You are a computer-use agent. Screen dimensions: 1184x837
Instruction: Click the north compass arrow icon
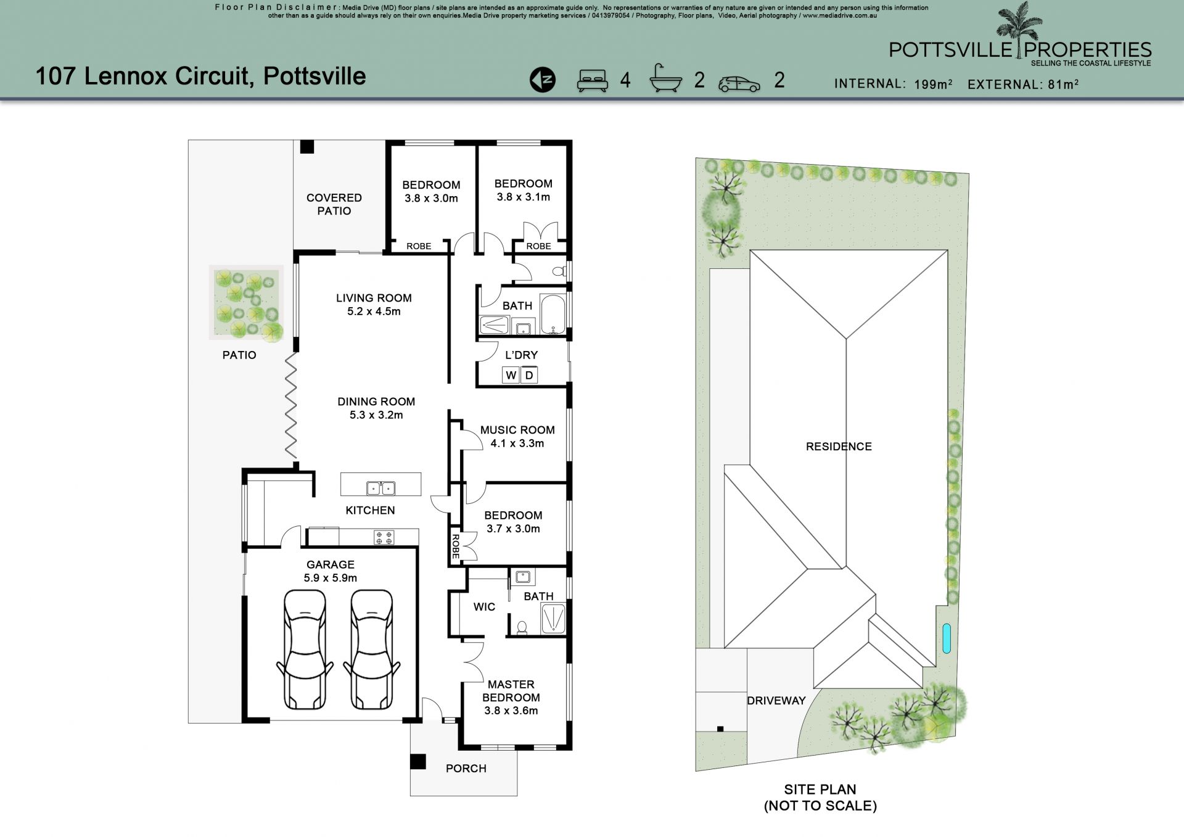542,80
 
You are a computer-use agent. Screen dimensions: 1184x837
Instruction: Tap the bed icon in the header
593,80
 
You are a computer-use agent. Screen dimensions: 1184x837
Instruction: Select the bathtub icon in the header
666,78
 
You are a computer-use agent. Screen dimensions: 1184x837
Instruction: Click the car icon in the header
739,83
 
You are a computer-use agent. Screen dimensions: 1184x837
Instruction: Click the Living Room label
374,305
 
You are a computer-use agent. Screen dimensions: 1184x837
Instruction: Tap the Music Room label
517,436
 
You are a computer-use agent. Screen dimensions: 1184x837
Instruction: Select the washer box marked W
511,375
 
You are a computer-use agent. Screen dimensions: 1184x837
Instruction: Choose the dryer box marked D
529,375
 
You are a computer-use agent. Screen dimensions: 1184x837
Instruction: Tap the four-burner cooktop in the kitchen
384,537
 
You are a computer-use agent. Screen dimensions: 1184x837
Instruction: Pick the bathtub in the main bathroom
553,315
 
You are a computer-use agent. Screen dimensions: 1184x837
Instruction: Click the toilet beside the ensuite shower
522,627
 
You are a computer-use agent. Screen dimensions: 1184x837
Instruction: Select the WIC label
484,607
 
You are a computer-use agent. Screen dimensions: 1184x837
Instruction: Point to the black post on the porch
418,762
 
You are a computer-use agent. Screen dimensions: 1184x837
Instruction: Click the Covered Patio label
334,204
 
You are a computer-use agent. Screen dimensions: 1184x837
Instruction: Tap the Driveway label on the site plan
776,701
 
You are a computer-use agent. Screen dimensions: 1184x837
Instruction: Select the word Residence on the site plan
839,447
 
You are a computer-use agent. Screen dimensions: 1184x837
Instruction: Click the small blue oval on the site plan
947,639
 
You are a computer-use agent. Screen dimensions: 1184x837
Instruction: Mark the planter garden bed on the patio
247,303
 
